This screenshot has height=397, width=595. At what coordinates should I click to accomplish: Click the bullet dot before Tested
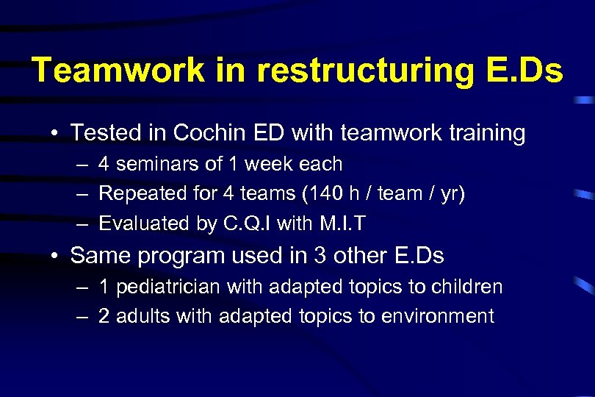[x=55, y=134]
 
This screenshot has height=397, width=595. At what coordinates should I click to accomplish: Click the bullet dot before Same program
[x=55, y=256]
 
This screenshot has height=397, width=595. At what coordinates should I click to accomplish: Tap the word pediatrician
[x=169, y=287]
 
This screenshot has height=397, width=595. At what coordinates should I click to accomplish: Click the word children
[x=468, y=287]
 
